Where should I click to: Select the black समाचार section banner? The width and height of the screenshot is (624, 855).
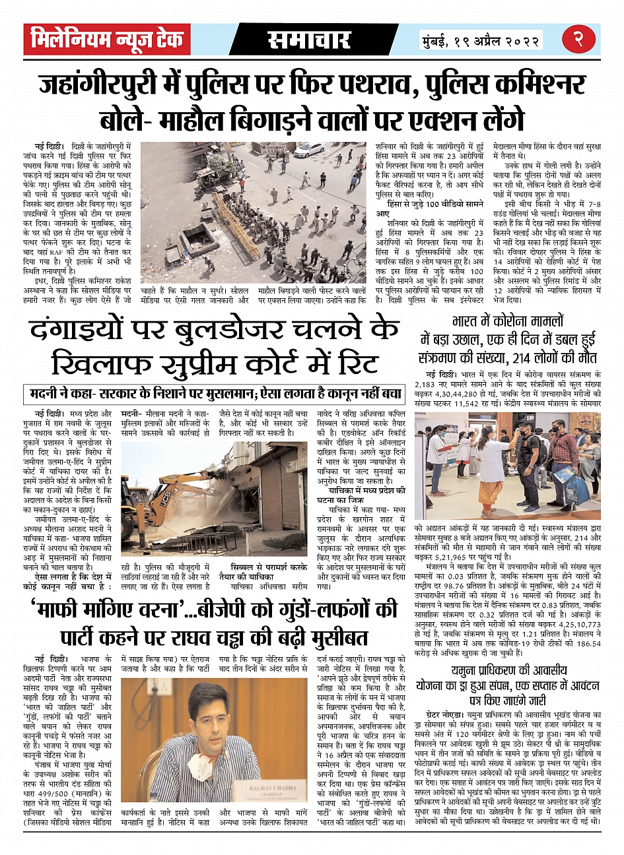point(310,40)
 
